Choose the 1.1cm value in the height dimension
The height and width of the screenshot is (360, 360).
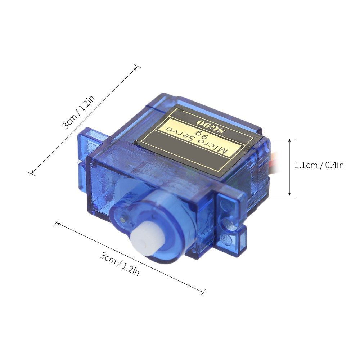pyautogui.click(x=306, y=165)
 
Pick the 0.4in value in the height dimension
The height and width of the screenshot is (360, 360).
pyautogui.click(x=335, y=165)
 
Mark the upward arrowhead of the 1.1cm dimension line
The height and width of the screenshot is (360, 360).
pyautogui.click(x=289, y=141)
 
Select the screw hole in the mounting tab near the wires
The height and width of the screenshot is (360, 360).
pyautogui.click(x=227, y=223)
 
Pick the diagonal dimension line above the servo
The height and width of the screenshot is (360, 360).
pyautogui.click(x=85, y=120)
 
